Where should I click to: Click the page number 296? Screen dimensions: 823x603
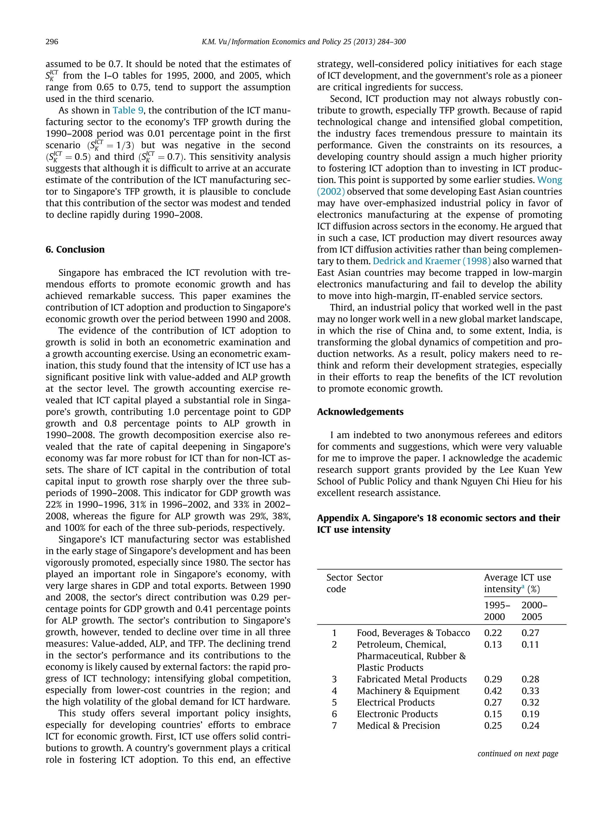click(x=52, y=42)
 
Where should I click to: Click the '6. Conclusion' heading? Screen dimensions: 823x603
click(x=75, y=249)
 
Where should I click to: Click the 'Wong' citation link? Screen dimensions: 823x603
click(x=550, y=180)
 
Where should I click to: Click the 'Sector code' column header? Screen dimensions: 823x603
click(x=339, y=583)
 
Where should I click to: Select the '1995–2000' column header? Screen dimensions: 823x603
click(x=497, y=611)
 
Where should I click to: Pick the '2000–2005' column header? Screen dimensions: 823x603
click(x=534, y=611)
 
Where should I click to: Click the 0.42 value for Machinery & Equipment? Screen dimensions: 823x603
click(x=493, y=691)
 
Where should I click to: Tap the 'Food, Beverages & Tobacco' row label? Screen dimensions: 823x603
click(x=413, y=633)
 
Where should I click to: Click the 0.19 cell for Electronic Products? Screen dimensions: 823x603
click(x=530, y=714)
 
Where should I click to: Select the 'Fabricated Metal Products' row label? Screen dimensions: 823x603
click(x=412, y=679)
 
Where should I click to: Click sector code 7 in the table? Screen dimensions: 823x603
click(x=334, y=726)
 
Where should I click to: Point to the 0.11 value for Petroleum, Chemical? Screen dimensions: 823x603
click(x=530, y=644)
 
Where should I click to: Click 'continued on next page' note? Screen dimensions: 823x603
click(x=518, y=753)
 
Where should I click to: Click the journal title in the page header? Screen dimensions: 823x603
click(x=304, y=42)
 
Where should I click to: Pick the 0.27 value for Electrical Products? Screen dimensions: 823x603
click(x=493, y=703)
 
